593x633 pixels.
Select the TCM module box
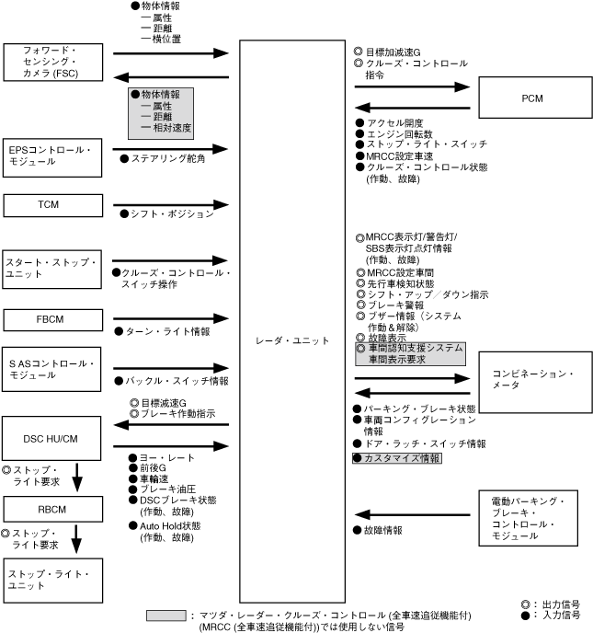point(50,205)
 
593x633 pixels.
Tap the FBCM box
point(50,319)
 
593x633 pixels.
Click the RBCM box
point(50,508)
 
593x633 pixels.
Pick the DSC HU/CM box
point(50,437)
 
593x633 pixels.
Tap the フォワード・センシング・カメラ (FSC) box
point(50,61)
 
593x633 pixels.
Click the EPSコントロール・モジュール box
point(50,155)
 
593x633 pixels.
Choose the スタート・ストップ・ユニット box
point(50,270)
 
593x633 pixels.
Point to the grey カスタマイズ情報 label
point(397,458)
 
